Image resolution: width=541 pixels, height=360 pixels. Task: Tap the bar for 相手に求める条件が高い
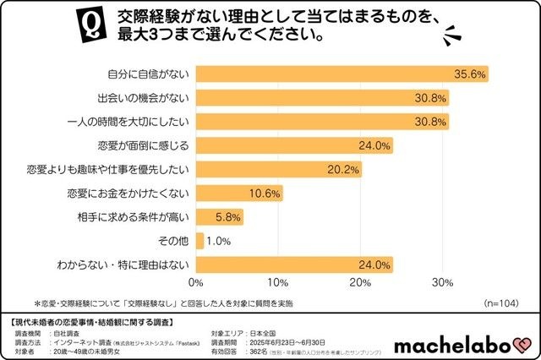tap(220, 217)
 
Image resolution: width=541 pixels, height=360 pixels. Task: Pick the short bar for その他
tap(200, 242)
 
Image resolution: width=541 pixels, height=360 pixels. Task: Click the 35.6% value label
tap(470, 74)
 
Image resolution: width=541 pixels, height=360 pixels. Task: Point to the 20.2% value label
tap(344, 169)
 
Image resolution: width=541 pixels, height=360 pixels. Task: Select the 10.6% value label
tap(265, 194)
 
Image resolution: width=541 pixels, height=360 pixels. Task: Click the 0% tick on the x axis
tap(197, 282)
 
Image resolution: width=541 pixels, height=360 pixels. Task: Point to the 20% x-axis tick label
tap(362, 282)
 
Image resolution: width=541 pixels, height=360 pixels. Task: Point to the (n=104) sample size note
tap(502, 302)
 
